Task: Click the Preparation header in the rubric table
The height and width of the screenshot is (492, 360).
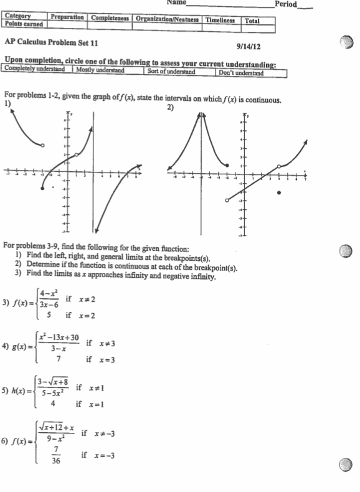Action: (x=68, y=17)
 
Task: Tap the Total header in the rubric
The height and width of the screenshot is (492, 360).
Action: (x=252, y=20)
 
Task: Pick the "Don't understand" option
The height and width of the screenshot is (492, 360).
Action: (x=241, y=73)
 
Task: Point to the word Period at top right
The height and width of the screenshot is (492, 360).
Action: (x=287, y=4)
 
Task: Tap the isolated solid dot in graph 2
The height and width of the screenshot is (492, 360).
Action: (x=278, y=193)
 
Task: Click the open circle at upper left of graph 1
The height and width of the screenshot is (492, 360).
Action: (x=42, y=145)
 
